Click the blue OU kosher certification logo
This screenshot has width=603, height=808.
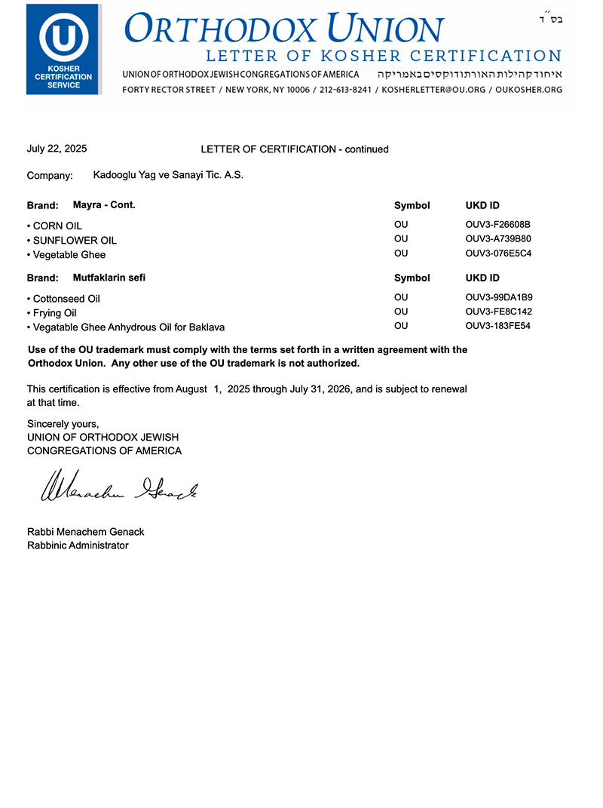point(63,48)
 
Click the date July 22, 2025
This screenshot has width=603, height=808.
point(57,149)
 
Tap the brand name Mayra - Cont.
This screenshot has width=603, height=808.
point(104,204)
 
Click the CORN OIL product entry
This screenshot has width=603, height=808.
point(57,226)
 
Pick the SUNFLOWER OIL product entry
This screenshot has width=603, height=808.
point(75,240)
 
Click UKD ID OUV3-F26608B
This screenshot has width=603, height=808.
point(498,225)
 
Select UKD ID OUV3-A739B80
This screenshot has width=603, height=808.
point(498,239)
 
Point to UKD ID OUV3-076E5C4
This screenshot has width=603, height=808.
point(498,253)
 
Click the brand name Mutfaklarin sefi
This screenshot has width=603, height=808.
point(109,278)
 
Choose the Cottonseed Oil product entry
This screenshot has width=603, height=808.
point(66,299)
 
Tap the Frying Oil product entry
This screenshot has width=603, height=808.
point(54,312)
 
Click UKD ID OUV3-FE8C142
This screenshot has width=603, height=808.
point(498,312)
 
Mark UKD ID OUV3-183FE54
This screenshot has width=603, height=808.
point(498,326)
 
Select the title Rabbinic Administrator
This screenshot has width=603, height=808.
point(78,545)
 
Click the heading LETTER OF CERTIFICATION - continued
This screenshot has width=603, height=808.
point(295,149)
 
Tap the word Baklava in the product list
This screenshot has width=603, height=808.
point(207,327)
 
